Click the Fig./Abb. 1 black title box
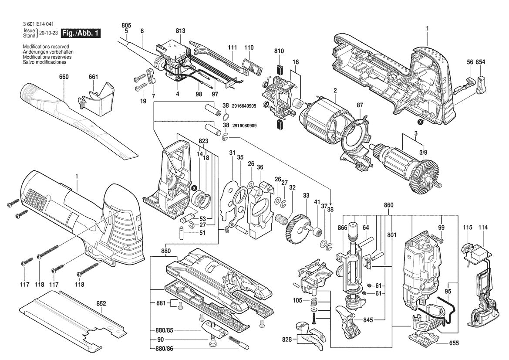click(x=81, y=34)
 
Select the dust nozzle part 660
click(x=74, y=115)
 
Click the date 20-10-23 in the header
click(x=48, y=33)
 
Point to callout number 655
click(x=454, y=343)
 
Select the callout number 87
click(x=360, y=105)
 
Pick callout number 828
click(x=286, y=338)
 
